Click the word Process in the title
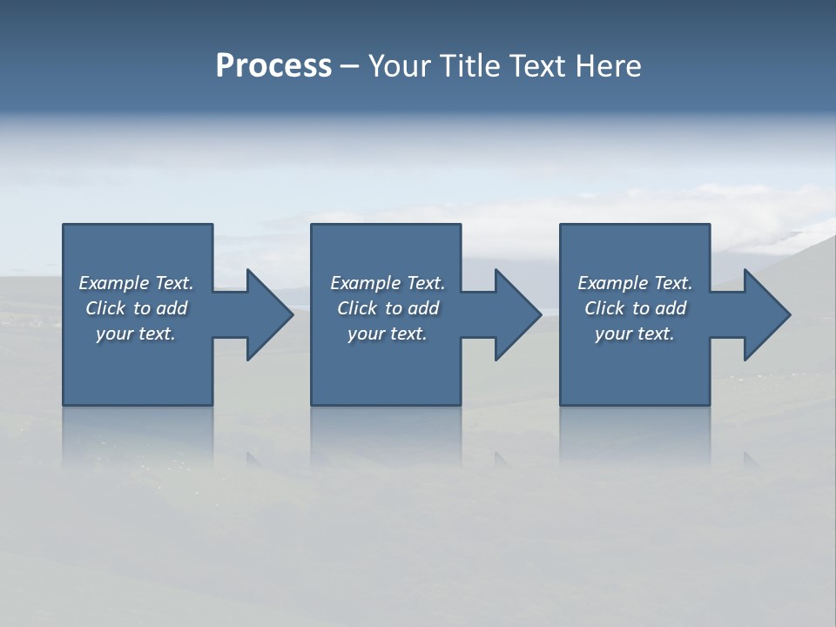click(x=273, y=66)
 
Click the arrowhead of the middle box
click(x=516, y=314)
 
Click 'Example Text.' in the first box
click(x=136, y=283)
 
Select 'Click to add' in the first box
click(x=136, y=308)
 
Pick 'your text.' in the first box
click(x=136, y=334)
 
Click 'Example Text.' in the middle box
click(x=388, y=283)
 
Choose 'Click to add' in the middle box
click(x=388, y=308)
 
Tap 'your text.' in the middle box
click(x=388, y=334)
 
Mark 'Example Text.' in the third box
click(x=635, y=283)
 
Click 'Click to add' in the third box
click(x=635, y=308)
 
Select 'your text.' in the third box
click(x=635, y=334)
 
